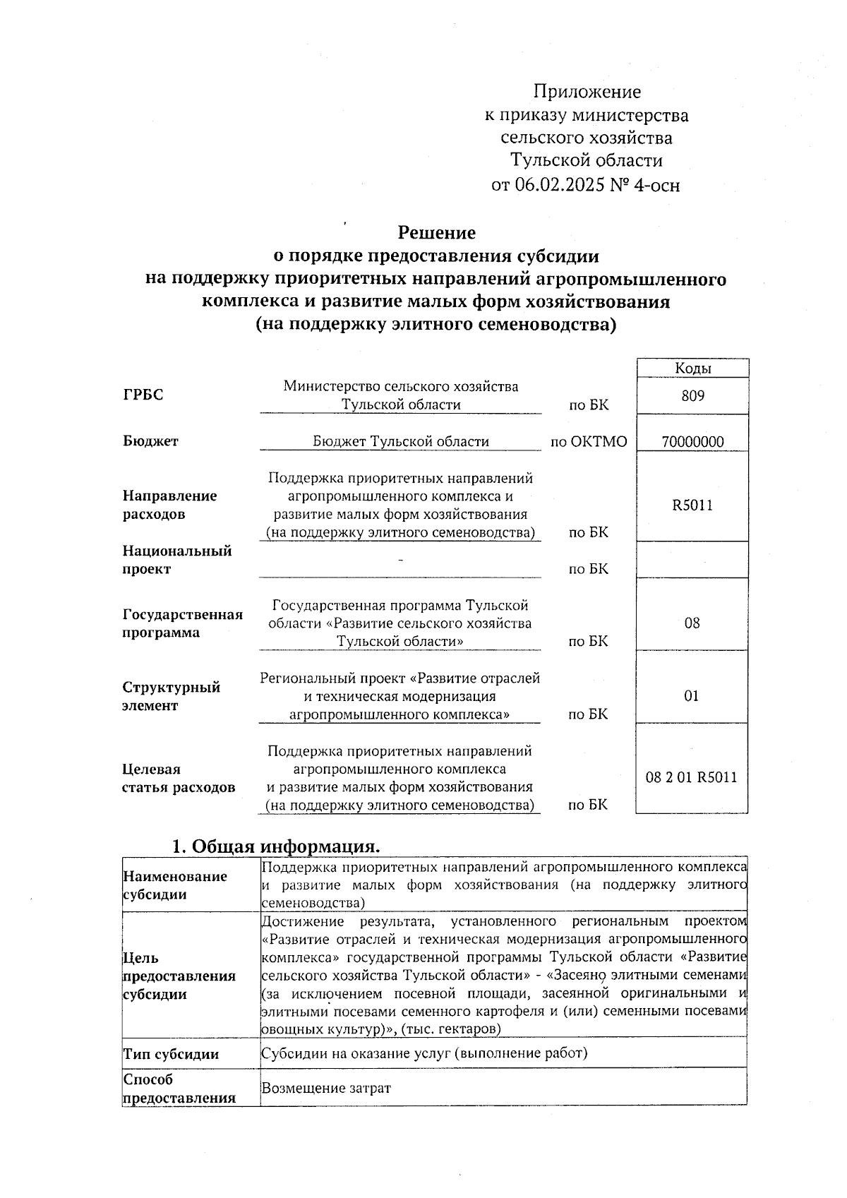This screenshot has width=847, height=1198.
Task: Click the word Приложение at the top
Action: pos(587,92)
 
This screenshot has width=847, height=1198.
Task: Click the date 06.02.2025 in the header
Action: pos(558,185)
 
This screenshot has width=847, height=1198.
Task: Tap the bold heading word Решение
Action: pos(436,232)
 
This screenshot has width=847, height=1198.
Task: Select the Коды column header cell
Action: pos(692,368)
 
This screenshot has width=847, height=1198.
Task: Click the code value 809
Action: pos(692,396)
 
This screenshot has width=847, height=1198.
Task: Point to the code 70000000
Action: pos(692,442)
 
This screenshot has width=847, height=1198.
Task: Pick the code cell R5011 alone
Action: pos(692,505)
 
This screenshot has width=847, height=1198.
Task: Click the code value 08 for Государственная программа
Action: pos(692,623)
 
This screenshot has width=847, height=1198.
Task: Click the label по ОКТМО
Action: pos(589,442)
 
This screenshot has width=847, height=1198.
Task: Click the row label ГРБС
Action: pos(143,395)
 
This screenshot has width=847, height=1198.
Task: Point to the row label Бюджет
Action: pos(150,441)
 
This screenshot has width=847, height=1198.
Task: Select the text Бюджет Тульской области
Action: pos(400,442)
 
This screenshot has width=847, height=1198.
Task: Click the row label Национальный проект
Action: pos(176,560)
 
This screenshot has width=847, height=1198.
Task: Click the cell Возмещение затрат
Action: pos(325,1088)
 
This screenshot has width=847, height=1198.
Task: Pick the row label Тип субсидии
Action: pos(171,1054)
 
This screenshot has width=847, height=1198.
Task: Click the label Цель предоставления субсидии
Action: pos(179,976)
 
